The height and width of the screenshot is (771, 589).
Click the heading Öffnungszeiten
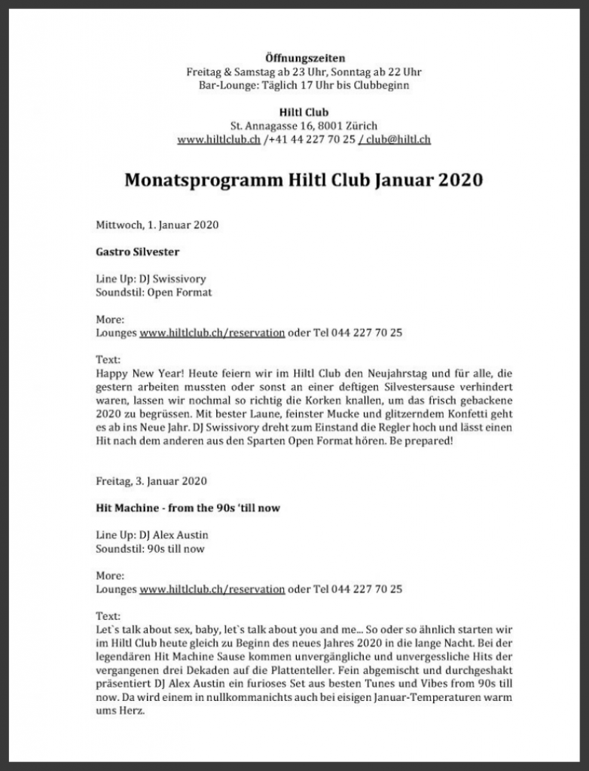pos(304,58)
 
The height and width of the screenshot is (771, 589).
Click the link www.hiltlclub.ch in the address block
pos(218,139)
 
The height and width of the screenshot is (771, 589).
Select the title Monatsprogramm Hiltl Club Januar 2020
pos(304,181)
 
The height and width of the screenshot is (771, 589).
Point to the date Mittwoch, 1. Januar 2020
pos(157,224)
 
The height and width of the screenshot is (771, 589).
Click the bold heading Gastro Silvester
pos(138,251)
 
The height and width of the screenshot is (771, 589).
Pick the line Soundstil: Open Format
pos(154,292)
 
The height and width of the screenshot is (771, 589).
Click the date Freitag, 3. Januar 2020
pos(151,481)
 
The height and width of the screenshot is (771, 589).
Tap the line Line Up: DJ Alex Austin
pos(152,535)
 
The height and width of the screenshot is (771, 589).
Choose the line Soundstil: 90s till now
pos(150,549)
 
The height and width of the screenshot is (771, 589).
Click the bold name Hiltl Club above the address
pos(304,112)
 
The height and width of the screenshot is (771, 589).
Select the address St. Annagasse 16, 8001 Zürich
pos(304,126)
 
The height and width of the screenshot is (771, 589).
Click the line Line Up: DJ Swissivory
pos(151,279)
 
